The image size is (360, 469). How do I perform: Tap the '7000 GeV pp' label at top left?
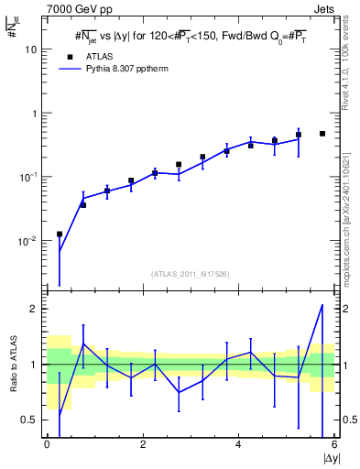click(x=65, y=9)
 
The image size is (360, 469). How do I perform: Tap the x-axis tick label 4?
click(x=239, y=444)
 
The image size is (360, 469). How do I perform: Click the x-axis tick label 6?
click(x=334, y=444)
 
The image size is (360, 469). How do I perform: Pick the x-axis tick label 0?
click(x=47, y=444)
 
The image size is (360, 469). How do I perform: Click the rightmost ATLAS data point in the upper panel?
click(x=322, y=134)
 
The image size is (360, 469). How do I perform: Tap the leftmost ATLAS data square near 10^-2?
click(x=60, y=234)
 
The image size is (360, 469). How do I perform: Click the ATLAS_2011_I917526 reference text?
click(x=191, y=274)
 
